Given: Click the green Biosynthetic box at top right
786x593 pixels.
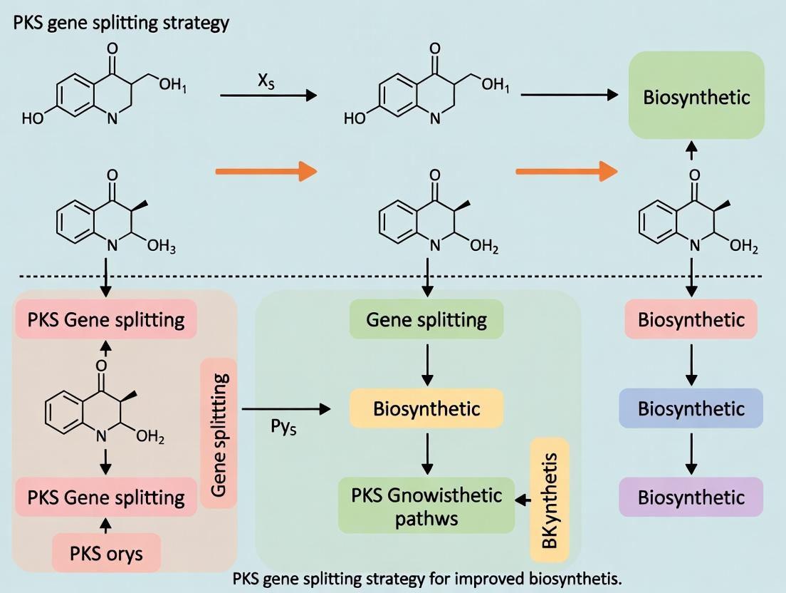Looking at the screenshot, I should pos(696,96).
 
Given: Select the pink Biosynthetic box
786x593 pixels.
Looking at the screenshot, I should pos(691,319).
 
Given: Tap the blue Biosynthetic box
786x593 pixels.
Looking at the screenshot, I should pos(691,408).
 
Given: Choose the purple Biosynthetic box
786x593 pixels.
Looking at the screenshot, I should pos(691,497).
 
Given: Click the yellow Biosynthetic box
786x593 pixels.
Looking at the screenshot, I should pos(426,408).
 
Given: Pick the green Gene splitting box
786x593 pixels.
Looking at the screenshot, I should pos(426,319).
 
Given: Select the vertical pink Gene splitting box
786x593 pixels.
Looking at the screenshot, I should pos(219,433).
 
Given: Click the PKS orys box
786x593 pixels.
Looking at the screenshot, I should pos(105,553).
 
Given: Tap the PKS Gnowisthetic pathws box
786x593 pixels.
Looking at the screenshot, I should pos(426,505).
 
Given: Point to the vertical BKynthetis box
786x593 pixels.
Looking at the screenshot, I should pos(550,500).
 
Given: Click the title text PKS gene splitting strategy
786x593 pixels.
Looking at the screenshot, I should pos(121,23).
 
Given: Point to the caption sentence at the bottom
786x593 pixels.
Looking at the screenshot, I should pos(427,578).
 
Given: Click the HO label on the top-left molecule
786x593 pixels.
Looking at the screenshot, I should pos(32,118).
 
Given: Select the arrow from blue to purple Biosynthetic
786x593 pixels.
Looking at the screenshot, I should pos(691,453).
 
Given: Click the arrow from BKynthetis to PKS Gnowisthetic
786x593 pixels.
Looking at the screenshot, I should pos(523,502).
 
